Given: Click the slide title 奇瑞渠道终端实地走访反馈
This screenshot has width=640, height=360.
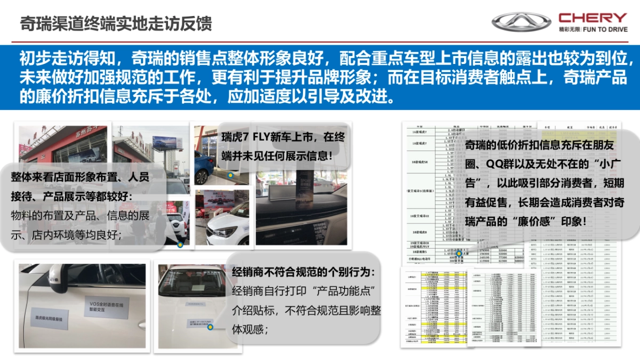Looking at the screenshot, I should coord(116,24).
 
